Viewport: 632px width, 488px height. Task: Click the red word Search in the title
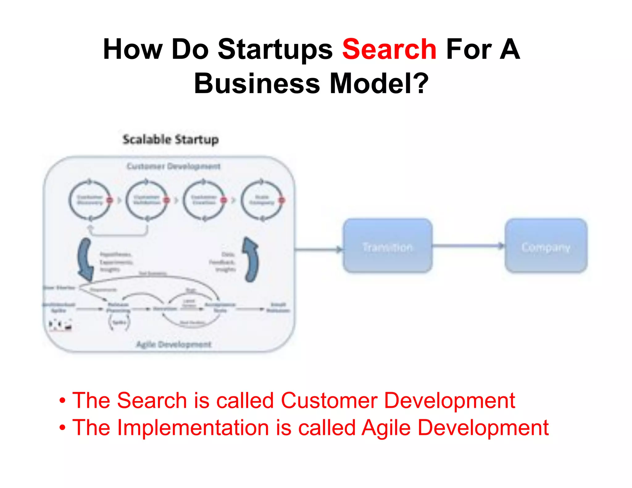(x=389, y=49)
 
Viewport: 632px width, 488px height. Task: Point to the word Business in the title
(x=257, y=84)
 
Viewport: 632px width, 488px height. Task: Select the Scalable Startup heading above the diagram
(x=171, y=139)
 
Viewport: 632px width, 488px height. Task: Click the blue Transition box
(x=388, y=246)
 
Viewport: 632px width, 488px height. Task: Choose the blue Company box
(x=546, y=246)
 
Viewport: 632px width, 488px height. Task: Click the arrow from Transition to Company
(x=468, y=246)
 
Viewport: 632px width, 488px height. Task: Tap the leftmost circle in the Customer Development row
(x=89, y=200)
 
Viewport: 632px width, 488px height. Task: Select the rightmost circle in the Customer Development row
(x=262, y=200)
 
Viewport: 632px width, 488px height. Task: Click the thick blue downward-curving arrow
(x=85, y=259)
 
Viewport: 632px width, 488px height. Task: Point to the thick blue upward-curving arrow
(x=251, y=259)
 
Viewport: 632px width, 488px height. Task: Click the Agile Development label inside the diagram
(x=174, y=344)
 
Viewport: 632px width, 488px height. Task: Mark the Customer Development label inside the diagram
(x=174, y=167)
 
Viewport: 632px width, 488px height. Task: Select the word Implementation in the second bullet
(x=193, y=428)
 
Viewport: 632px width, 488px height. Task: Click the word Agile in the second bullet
(x=386, y=428)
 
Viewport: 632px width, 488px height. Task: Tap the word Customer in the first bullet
(x=329, y=400)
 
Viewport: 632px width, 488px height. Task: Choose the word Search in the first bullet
(x=152, y=400)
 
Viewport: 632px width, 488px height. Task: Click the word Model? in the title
(x=379, y=84)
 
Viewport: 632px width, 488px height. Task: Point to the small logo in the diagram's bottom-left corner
(x=60, y=325)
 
